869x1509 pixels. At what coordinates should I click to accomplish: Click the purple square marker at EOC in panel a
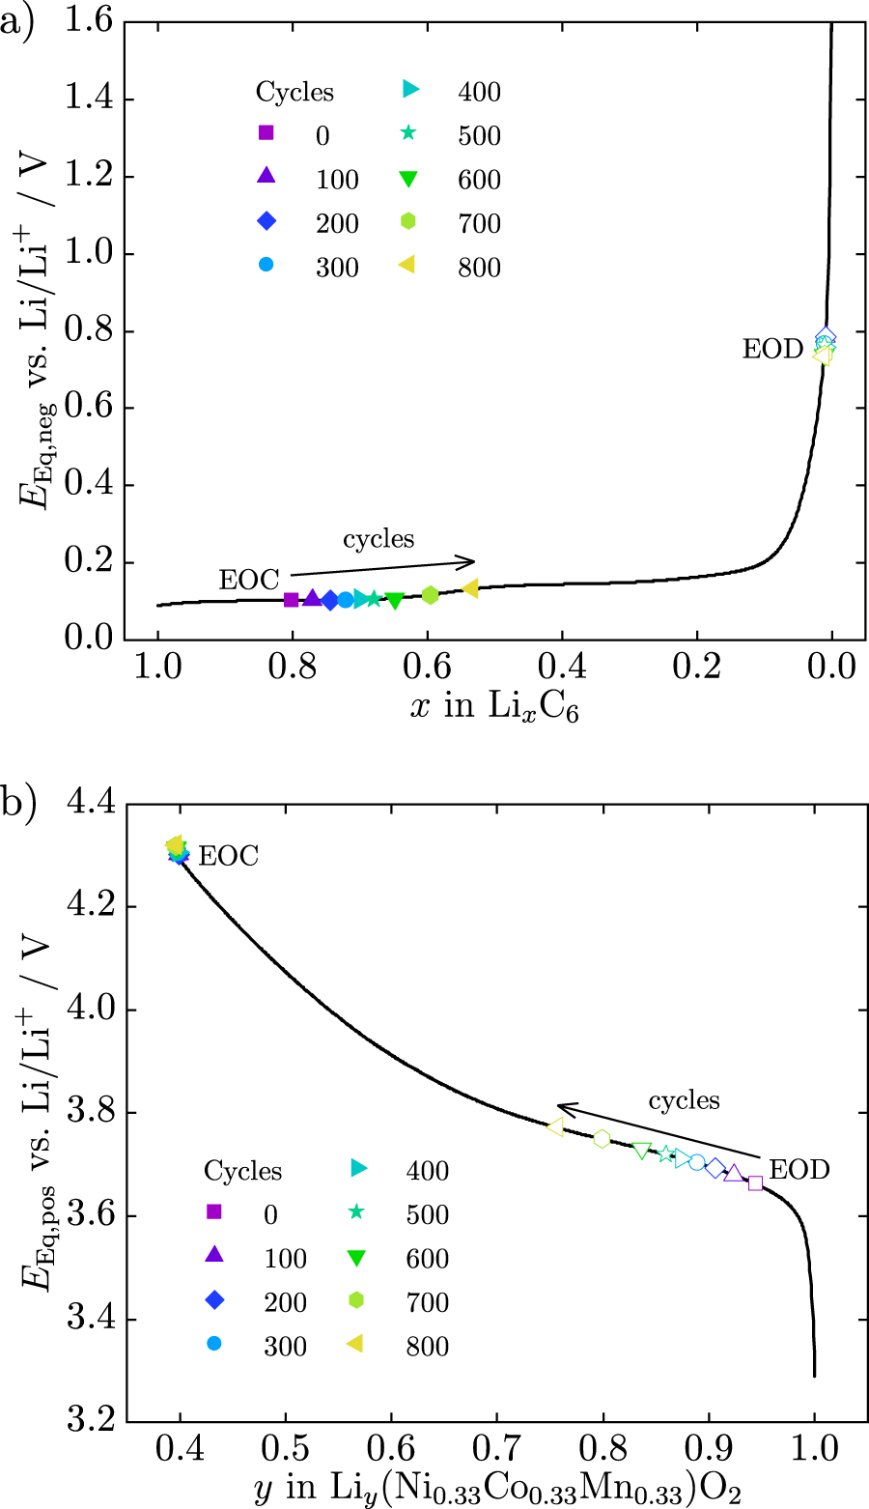click(291, 599)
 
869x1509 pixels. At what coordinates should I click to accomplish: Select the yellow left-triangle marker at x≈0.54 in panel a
click(470, 588)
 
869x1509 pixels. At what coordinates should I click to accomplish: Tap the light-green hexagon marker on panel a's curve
click(431, 595)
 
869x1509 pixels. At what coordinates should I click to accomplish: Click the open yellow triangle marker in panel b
click(554, 1126)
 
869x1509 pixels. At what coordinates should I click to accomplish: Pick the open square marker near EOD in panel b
click(755, 1182)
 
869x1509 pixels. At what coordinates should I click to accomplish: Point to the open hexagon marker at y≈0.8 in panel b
click(602, 1139)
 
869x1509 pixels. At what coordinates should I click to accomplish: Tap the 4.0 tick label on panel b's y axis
click(91, 1011)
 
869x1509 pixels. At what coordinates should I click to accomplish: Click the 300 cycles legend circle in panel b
click(214, 1344)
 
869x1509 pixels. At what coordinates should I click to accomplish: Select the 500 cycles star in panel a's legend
click(409, 134)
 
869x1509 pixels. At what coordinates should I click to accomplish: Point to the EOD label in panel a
click(772, 349)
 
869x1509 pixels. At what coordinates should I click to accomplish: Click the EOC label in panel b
click(228, 856)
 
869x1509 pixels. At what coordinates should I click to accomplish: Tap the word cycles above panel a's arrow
click(378, 538)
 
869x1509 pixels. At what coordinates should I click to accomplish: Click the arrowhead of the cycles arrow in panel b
click(560, 1107)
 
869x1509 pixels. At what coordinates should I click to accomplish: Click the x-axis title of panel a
click(494, 708)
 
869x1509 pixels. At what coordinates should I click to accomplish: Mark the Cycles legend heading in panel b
click(242, 1171)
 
